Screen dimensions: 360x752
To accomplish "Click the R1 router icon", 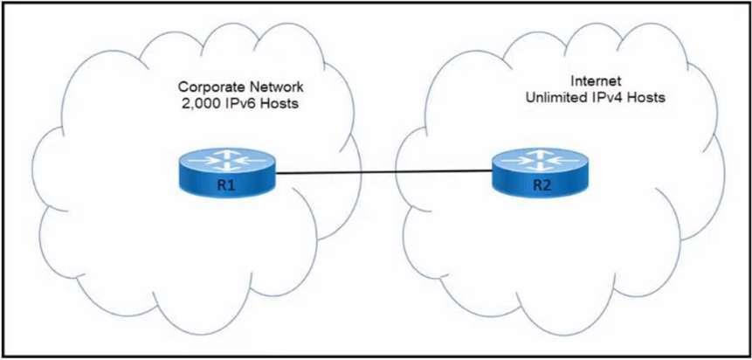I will click(225, 173).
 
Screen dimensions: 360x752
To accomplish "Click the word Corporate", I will click(206, 87).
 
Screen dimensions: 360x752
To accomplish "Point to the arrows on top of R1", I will click(225, 160).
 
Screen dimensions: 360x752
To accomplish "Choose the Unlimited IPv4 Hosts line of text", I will click(595, 100).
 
